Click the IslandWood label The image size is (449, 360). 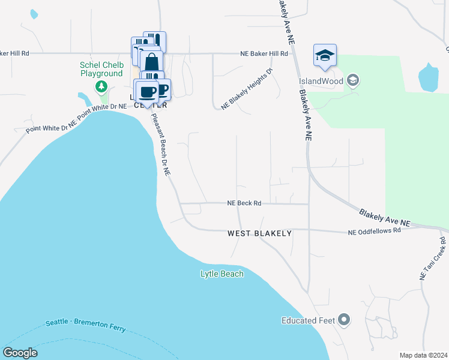[321, 80]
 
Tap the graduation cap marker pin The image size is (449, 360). [325, 56]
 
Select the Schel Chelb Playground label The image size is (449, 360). [102, 69]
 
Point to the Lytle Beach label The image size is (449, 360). [222, 274]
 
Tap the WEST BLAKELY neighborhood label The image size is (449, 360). [259, 233]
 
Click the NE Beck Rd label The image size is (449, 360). [244, 203]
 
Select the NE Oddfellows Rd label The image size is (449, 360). [375, 231]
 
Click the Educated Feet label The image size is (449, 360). [308, 320]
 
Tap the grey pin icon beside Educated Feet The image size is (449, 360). [345, 320]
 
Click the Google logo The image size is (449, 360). [20, 353]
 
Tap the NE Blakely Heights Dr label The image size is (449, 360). [247, 89]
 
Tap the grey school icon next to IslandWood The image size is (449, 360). [353, 80]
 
